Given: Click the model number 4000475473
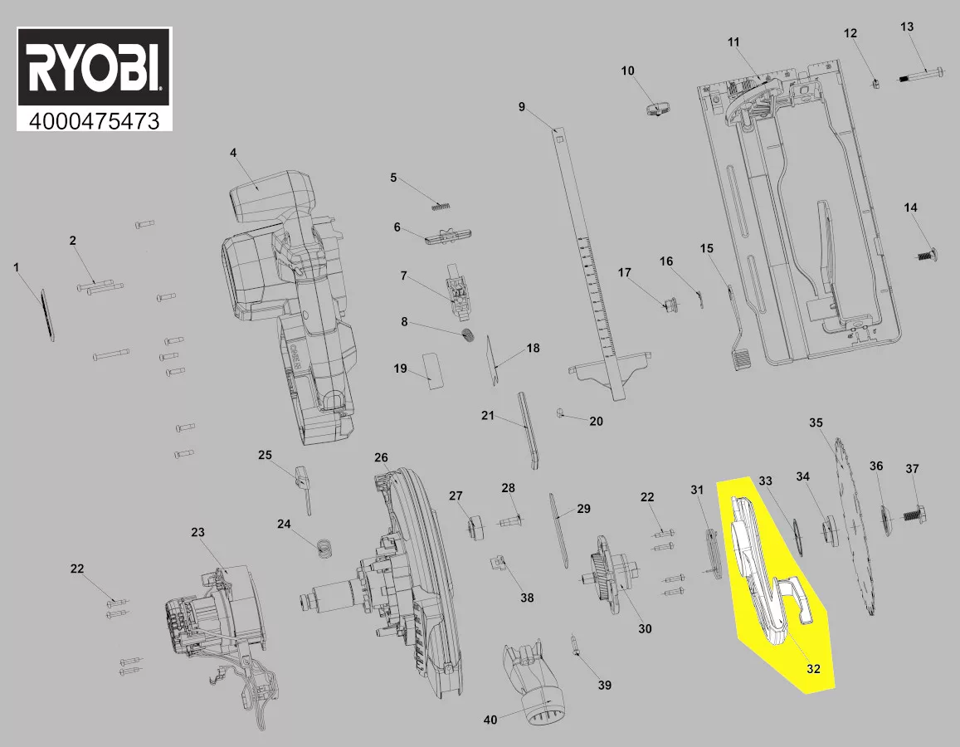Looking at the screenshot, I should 95,120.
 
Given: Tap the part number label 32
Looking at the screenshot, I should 814,669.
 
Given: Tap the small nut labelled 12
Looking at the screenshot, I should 875,82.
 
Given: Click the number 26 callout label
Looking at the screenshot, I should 381,457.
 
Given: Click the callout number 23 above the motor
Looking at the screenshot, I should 197,532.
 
